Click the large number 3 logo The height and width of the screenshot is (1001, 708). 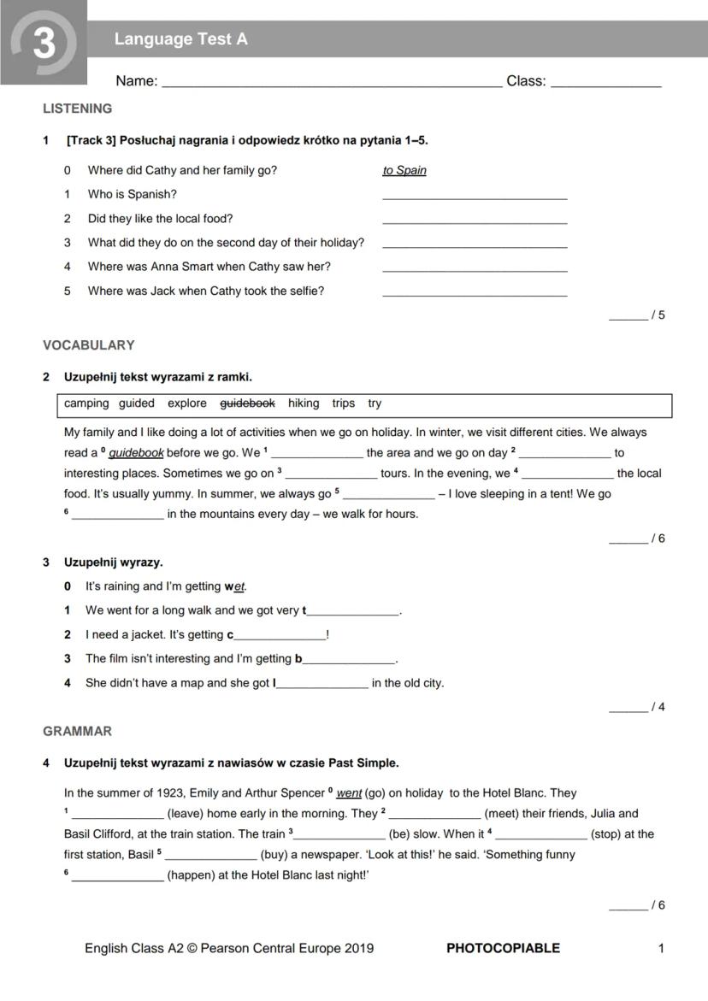click(43, 42)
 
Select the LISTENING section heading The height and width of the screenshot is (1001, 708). click(77, 109)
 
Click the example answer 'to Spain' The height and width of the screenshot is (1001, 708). click(404, 170)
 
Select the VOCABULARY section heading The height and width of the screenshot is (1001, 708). click(88, 345)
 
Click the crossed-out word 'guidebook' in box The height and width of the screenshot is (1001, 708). click(247, 403)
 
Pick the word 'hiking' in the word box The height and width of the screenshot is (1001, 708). click(304, 403)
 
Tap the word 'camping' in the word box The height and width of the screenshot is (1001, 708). click(86, 403)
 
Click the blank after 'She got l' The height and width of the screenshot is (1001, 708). click(322, 686)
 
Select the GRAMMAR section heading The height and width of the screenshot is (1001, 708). click(77, 732)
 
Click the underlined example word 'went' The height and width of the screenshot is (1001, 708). click(350, 793)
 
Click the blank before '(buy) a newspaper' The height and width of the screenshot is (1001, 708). click(210, 857)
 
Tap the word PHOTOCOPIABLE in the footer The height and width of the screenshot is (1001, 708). click(503, 948)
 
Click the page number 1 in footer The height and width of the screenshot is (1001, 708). click(661, 948)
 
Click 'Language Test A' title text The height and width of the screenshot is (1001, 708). click(180, 39)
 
